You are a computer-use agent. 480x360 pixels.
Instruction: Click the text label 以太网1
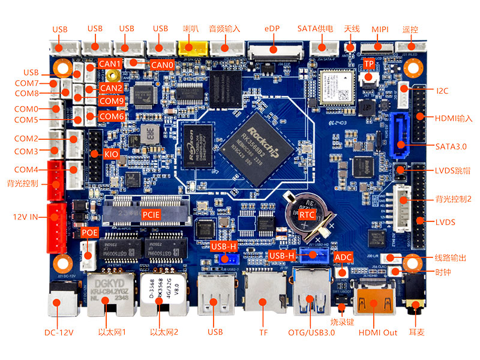(x=112, y=332)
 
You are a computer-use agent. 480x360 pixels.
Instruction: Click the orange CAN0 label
(x=162, y=64)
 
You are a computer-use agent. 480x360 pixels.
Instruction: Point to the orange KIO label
(x=111, y=154)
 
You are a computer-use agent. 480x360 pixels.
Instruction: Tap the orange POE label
(x=89, y=232)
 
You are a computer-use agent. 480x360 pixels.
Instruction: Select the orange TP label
(x=368, y=64)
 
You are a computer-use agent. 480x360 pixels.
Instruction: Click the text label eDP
(x=272, y=29)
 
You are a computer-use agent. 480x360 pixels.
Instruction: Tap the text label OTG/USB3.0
(x=311, y=332)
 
